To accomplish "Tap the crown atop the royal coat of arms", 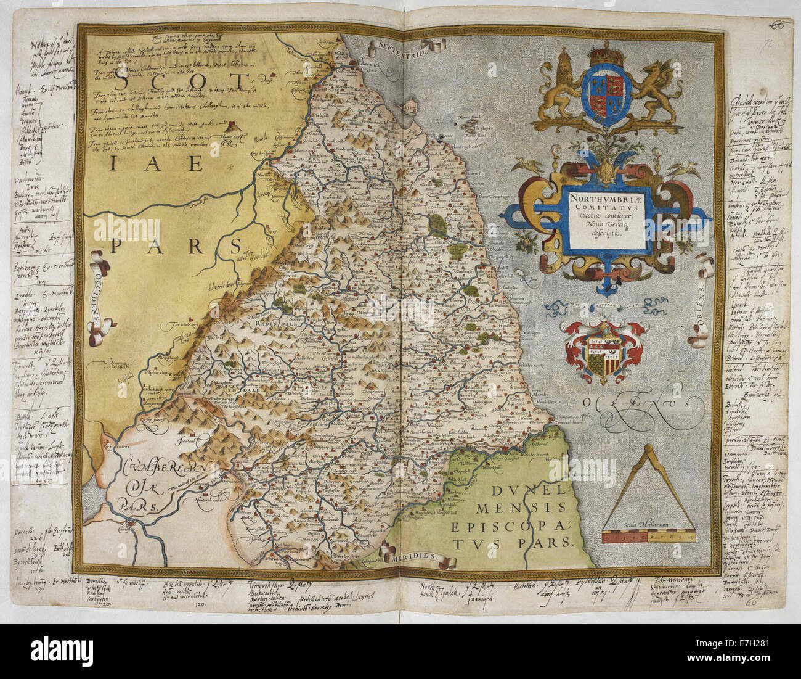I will pos(606,56).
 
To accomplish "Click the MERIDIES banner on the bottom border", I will pos(412,557).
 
